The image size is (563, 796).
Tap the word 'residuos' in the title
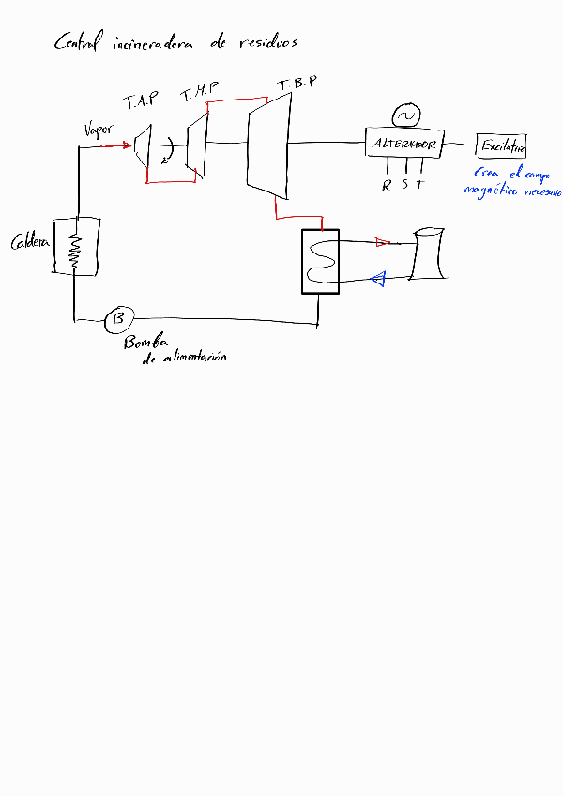click(267, 42)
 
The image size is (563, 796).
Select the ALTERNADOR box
click(404, 145)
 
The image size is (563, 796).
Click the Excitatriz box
click(502, 145)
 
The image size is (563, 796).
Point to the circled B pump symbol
click(118, 319)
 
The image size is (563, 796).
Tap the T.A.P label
click(141, 100)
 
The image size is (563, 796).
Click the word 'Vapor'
click(99, 130)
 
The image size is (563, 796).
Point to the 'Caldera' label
click(28, 243)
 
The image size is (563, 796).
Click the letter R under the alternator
click(386, 185)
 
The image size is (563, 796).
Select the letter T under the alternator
click(419, 184)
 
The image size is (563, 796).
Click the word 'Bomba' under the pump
click(143, 344)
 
